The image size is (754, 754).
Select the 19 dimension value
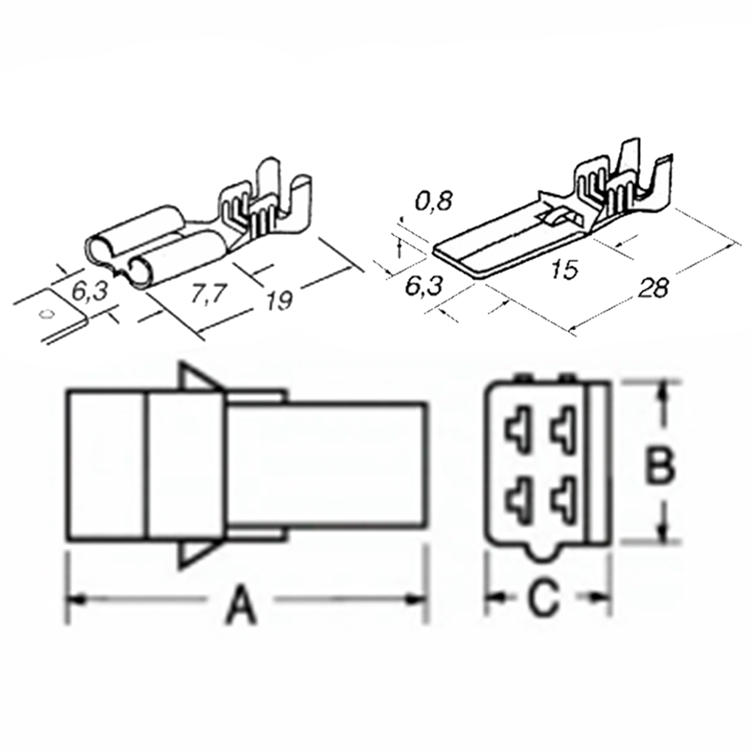pyautogui.click(x=279, y=300)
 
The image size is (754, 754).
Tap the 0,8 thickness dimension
pyautogui.click(x=434, y=201)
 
